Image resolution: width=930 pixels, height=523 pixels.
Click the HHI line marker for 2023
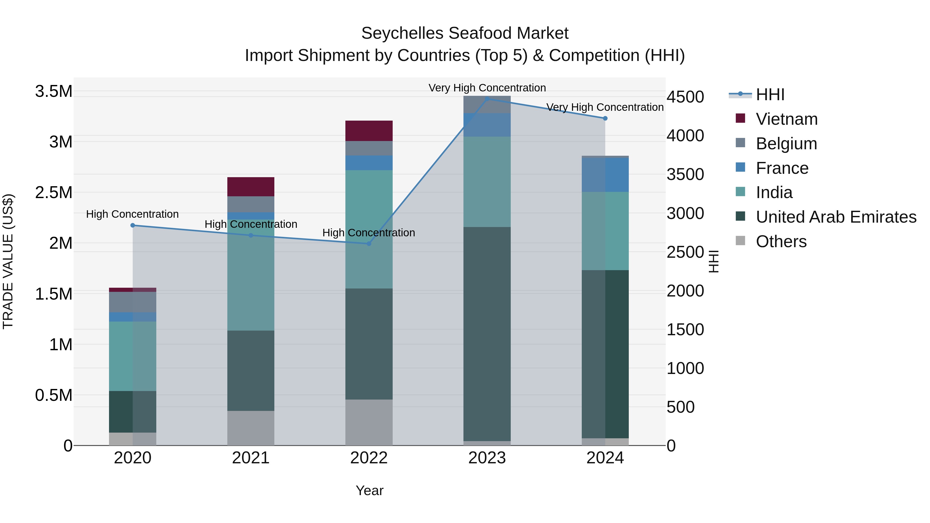tap(487, 99)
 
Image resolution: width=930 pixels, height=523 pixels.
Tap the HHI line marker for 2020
tap(133, 225)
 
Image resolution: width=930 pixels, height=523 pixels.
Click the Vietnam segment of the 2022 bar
tap(369, 131)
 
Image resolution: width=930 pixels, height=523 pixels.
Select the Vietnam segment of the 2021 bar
tap(251, 187)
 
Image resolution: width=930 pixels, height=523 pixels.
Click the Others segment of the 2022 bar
tap(369, 422)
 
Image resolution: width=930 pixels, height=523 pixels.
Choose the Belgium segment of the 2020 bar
tap(133, 302)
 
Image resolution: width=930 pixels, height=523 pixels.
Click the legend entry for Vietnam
tap(786, 119)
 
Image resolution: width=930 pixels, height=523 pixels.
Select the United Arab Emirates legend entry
tap(836, 217)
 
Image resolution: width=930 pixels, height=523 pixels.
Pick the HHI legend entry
tap(770, 95)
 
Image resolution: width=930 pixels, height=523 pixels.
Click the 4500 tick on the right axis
tap(685, 97)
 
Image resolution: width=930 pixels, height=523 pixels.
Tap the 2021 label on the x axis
tap(251, 458)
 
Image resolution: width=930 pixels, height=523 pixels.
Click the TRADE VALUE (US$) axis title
tap(8, 261)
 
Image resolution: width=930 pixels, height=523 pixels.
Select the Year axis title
tap(369, 490)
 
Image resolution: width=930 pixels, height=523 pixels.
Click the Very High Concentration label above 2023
tap(487, 88)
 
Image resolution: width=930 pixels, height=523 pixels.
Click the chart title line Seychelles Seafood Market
tap(465, 33)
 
